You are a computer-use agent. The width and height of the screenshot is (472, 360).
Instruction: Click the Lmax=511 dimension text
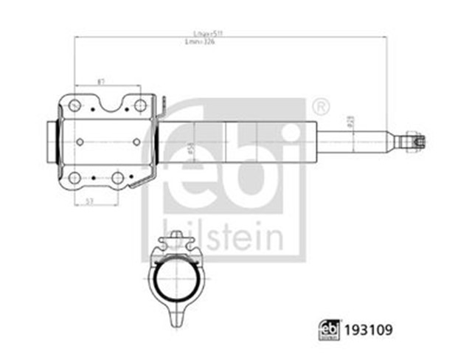point(202,34)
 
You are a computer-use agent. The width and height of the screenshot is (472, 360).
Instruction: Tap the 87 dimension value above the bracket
point(100,83)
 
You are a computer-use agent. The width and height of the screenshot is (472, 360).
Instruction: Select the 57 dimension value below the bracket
point(89,200)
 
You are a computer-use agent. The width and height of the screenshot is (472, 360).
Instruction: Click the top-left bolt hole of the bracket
point(74,106)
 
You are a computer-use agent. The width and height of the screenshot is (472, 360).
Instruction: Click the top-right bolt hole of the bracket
point(139,106)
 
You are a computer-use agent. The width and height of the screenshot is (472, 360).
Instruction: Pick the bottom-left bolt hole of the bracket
point(74,177)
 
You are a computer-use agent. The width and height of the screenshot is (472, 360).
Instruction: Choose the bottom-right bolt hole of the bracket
point(117,177)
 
